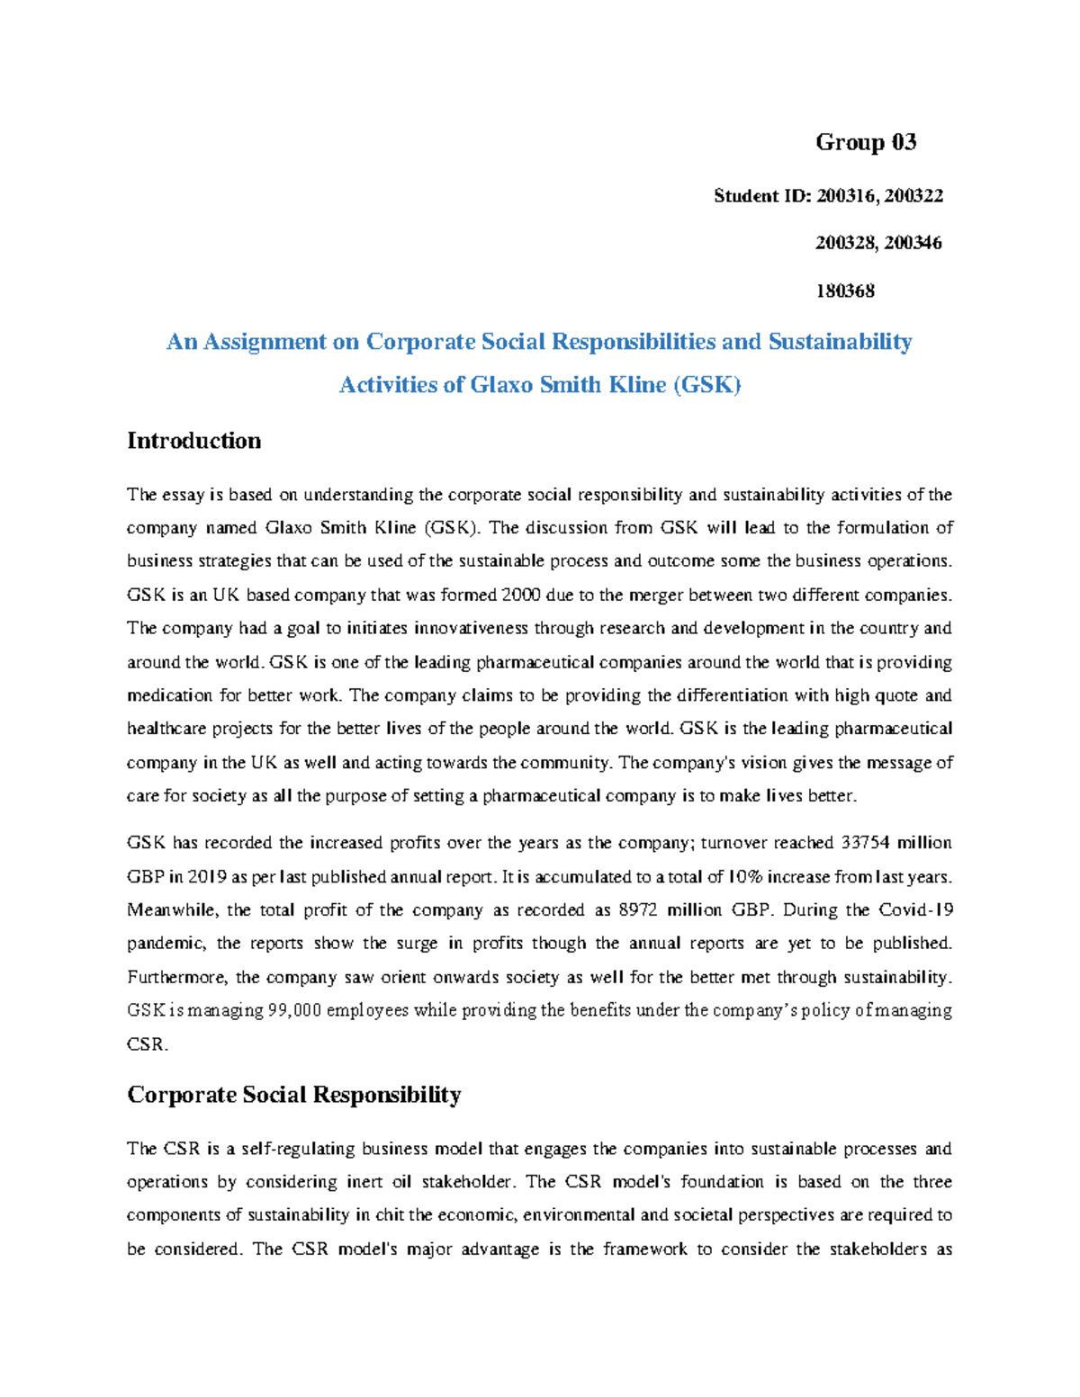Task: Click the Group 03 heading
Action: point(866,142)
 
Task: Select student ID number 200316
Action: point(846,196)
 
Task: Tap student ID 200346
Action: point(913,243)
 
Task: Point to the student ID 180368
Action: point(845,291)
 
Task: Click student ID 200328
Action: point(846,243)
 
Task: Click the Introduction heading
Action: point(193,441)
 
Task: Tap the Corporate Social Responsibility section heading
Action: point(293,1095)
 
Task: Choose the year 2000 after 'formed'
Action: point(523,596)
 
